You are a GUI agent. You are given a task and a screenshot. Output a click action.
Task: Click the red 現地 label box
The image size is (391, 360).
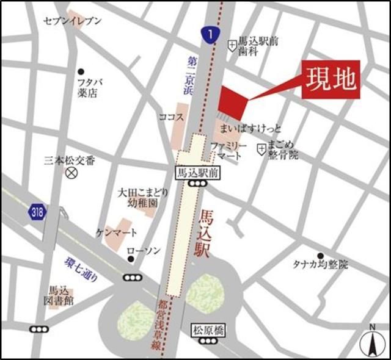coord(332,80)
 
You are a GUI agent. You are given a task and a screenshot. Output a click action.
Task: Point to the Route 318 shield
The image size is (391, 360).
coord(37,212)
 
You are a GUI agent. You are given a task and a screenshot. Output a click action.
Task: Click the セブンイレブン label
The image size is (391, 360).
coord(73,21)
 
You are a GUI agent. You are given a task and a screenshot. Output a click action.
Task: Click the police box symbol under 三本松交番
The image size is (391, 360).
coord(72,173)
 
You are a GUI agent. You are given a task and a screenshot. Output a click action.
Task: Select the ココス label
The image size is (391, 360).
coord(170,117)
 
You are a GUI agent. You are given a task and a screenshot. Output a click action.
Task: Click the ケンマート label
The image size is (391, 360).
coord(117,233)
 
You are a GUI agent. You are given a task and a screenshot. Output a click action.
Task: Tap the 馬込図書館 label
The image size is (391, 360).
coord(62,296)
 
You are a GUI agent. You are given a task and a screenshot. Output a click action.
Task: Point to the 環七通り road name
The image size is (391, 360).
coord(81,269)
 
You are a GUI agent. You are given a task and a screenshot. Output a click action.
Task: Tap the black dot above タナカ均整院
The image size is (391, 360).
coord(320,256)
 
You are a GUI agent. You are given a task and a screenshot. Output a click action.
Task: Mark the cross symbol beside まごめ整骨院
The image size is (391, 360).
coord(261,147)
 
